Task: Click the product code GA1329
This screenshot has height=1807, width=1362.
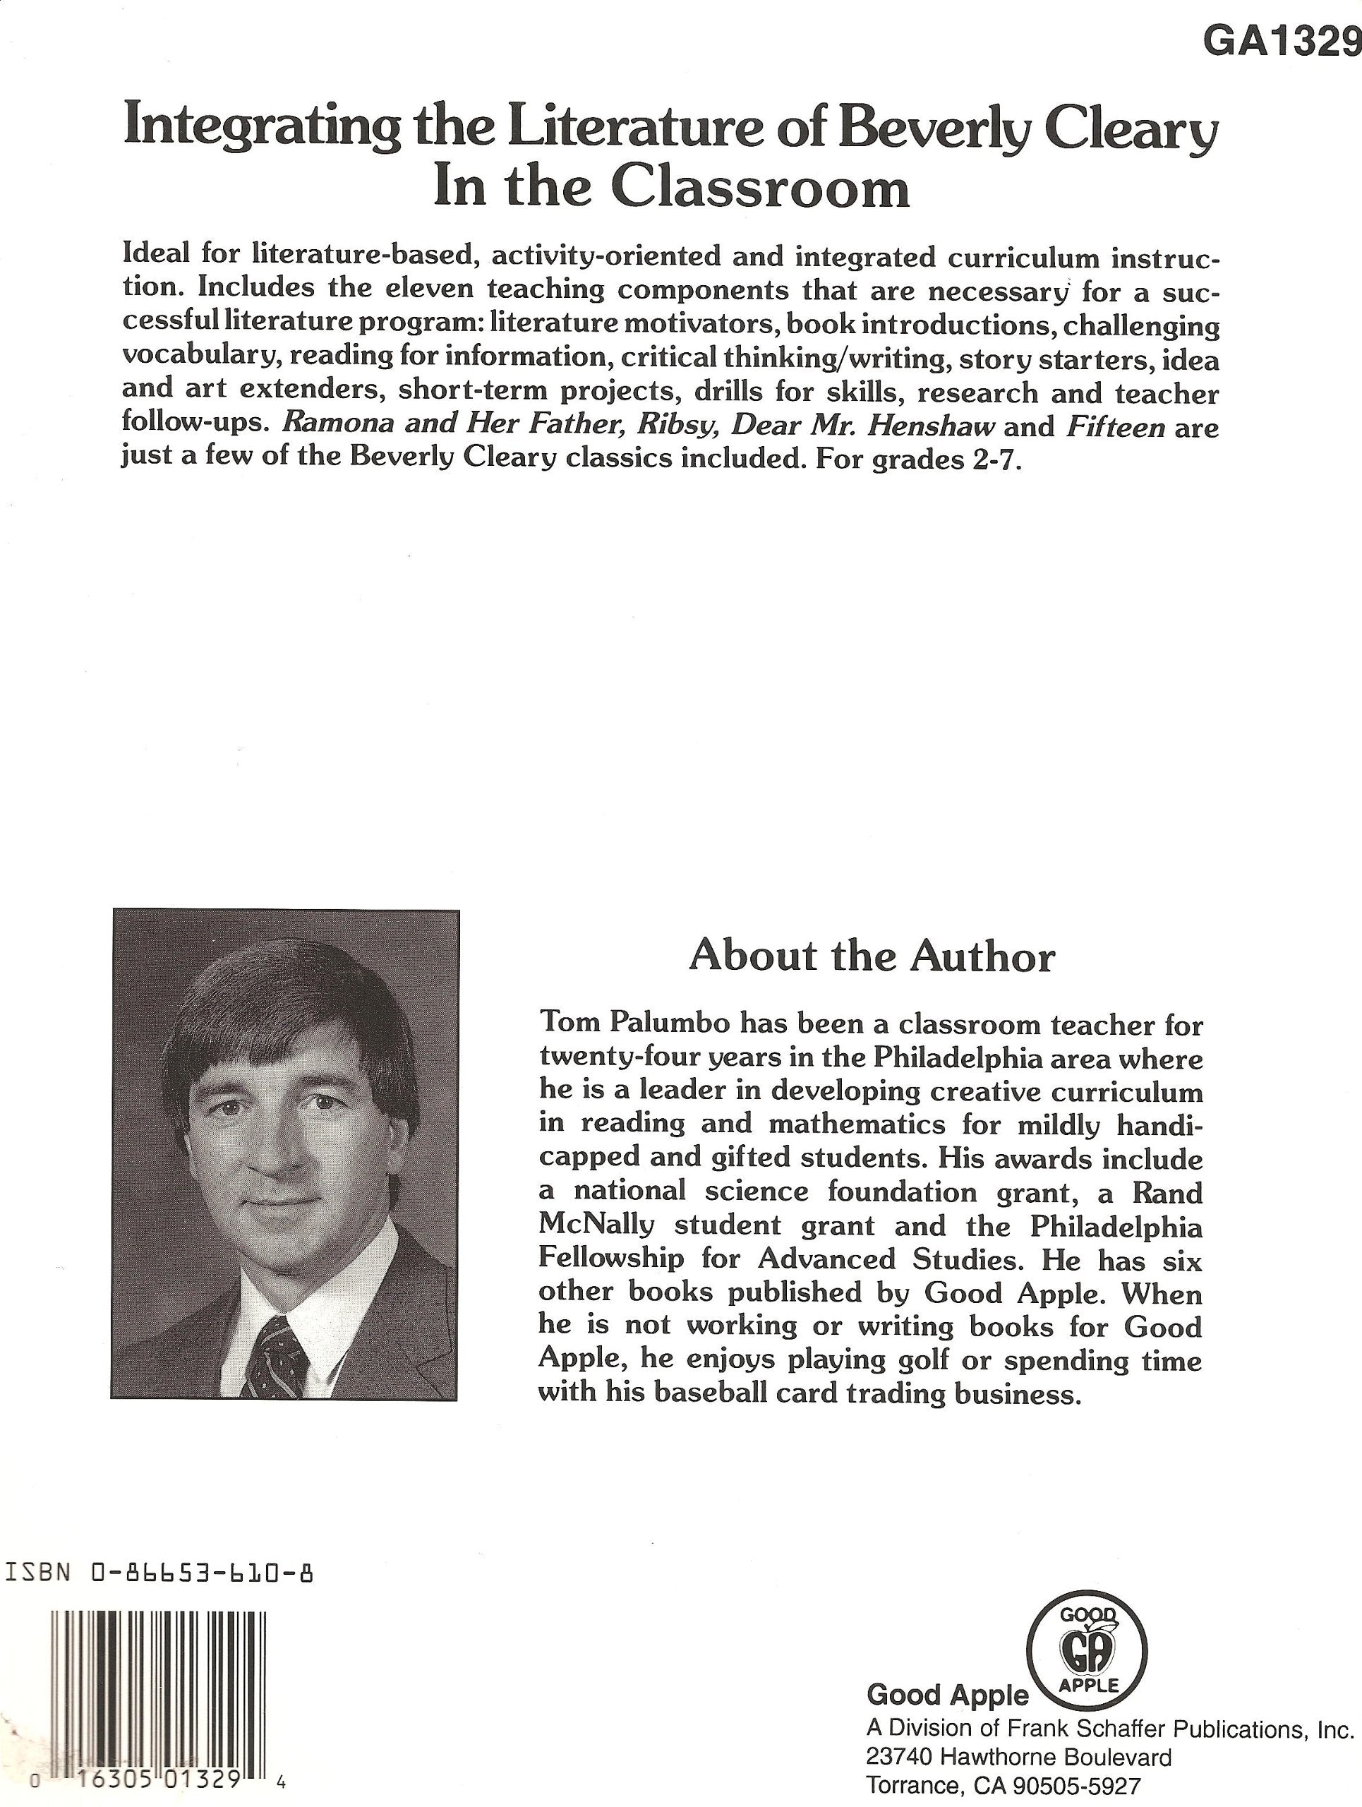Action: (1282, 41)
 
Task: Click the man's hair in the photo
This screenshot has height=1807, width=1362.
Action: (286, 997)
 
